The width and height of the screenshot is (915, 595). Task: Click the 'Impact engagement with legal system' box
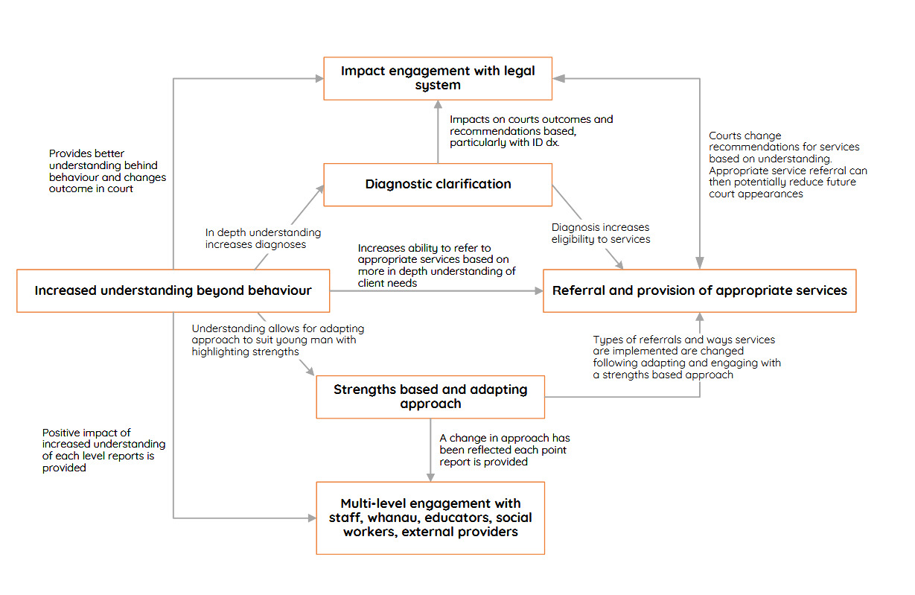tap(437, 78)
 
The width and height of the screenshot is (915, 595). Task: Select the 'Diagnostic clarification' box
tap(437, 185)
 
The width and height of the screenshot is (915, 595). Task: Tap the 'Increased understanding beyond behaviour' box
tap(173, 290)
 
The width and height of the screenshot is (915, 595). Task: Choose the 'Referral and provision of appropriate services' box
tap(699, 290)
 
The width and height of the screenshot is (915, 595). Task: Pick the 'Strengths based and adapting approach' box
tap(430, 397)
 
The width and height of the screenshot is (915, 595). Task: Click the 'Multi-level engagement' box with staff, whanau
tap(430, 518)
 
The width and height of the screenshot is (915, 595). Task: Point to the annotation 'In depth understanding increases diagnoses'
tap(263, 239)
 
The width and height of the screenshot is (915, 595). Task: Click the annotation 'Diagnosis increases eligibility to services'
tap(600, 233)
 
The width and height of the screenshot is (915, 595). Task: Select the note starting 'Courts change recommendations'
tap(788, 165)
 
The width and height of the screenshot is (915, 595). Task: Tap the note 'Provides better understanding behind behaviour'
tap(107, 171)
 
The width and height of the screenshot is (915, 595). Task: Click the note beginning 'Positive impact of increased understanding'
tap(103, 450)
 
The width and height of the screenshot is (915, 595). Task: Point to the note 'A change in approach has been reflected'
tap(504, 450)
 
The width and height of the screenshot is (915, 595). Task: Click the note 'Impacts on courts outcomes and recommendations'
tap(531, 131)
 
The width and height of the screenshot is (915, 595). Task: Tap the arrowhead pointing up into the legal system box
tap(438, 106)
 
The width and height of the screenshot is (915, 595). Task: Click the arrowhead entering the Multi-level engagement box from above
tap(430, 477)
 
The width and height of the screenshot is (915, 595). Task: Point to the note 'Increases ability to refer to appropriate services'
tap(436, 265)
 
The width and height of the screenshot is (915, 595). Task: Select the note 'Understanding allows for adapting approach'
tap(278, 340)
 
